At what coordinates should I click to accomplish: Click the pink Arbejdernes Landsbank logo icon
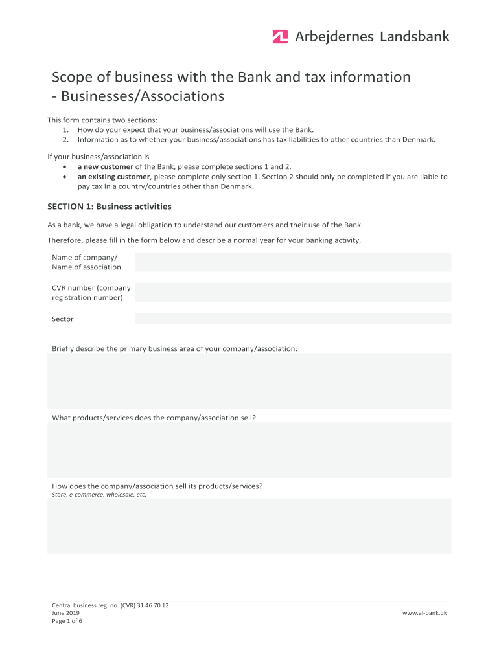[280, 37]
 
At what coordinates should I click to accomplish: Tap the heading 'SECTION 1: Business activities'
[110, 207]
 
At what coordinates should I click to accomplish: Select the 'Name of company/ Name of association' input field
[293, 262]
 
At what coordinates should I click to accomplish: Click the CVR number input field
[293, 293]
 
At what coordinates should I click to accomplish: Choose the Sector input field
[293, 319]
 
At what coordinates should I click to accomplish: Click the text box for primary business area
[250, 381]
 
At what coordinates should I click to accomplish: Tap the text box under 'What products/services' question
[250, 450]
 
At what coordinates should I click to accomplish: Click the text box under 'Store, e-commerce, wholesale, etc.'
[250, 526]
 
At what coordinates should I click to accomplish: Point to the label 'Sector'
[63, 319]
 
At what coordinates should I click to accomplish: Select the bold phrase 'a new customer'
[106, 166]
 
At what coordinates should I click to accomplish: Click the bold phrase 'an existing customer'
[114, 177]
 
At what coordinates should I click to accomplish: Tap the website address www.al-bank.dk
[424, 613]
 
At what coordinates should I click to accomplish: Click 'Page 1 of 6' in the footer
[67, 621]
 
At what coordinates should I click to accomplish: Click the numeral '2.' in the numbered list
[66, 139]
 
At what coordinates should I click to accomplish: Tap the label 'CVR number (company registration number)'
[91, 293]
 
